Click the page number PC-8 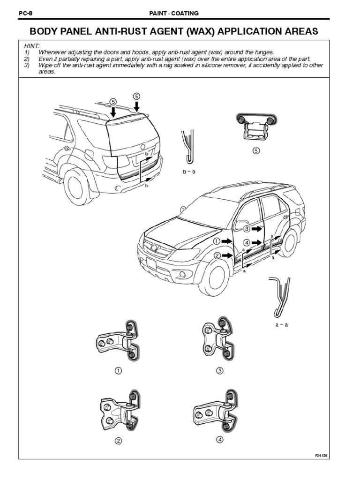(x=24, y=14)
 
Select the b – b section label (x=188, y=172)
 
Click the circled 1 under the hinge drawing (x=118, y=371)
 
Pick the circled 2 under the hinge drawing (x=118, y=441)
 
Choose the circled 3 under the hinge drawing (x=220, y=371)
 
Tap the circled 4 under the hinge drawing (x=220, y=440)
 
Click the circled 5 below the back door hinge (x=255, y=150)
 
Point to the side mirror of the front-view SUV (x=242, y=225)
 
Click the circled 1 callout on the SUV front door (x=217, y=241)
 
